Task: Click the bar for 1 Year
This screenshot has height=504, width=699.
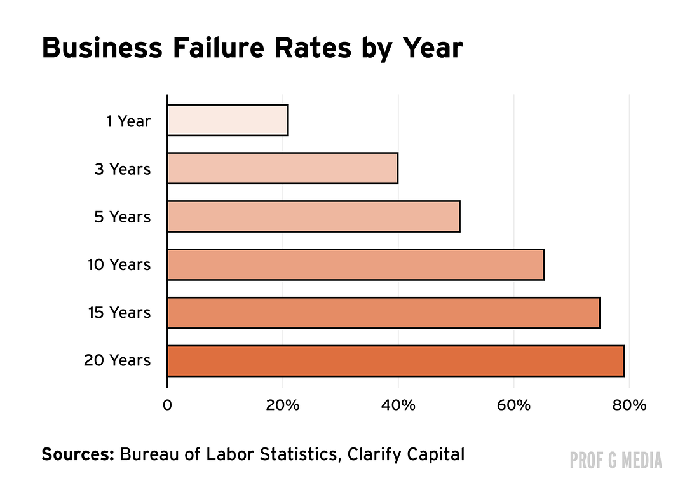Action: tap(227, 120)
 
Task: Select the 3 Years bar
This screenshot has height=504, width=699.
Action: tap(283, 168)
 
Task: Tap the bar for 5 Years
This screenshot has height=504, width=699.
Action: tap(314, 216)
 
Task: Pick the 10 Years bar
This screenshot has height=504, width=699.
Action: tap(356, 264)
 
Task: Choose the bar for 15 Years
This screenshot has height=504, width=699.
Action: tap(384, 313)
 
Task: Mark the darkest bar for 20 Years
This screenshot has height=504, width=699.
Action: tap(396, 361)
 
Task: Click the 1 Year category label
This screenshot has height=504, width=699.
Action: tap(128, 121)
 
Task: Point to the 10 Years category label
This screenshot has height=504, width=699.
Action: tap(119, 264)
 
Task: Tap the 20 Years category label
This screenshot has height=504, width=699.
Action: tap(118, 360)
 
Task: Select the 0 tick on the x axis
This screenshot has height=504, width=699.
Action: tap(167, 405)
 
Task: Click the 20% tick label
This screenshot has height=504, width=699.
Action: tap(283, 405)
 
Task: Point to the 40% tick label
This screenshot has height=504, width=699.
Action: tap(398, 405)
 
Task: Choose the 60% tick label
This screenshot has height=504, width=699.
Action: tap(513, 405)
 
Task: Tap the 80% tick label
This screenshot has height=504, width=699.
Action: tap(629, 405)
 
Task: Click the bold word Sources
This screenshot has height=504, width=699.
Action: tap(78, 454)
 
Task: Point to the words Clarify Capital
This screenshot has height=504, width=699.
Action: tap(405, 455)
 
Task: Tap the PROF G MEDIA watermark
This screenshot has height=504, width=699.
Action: tap(616, 460)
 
